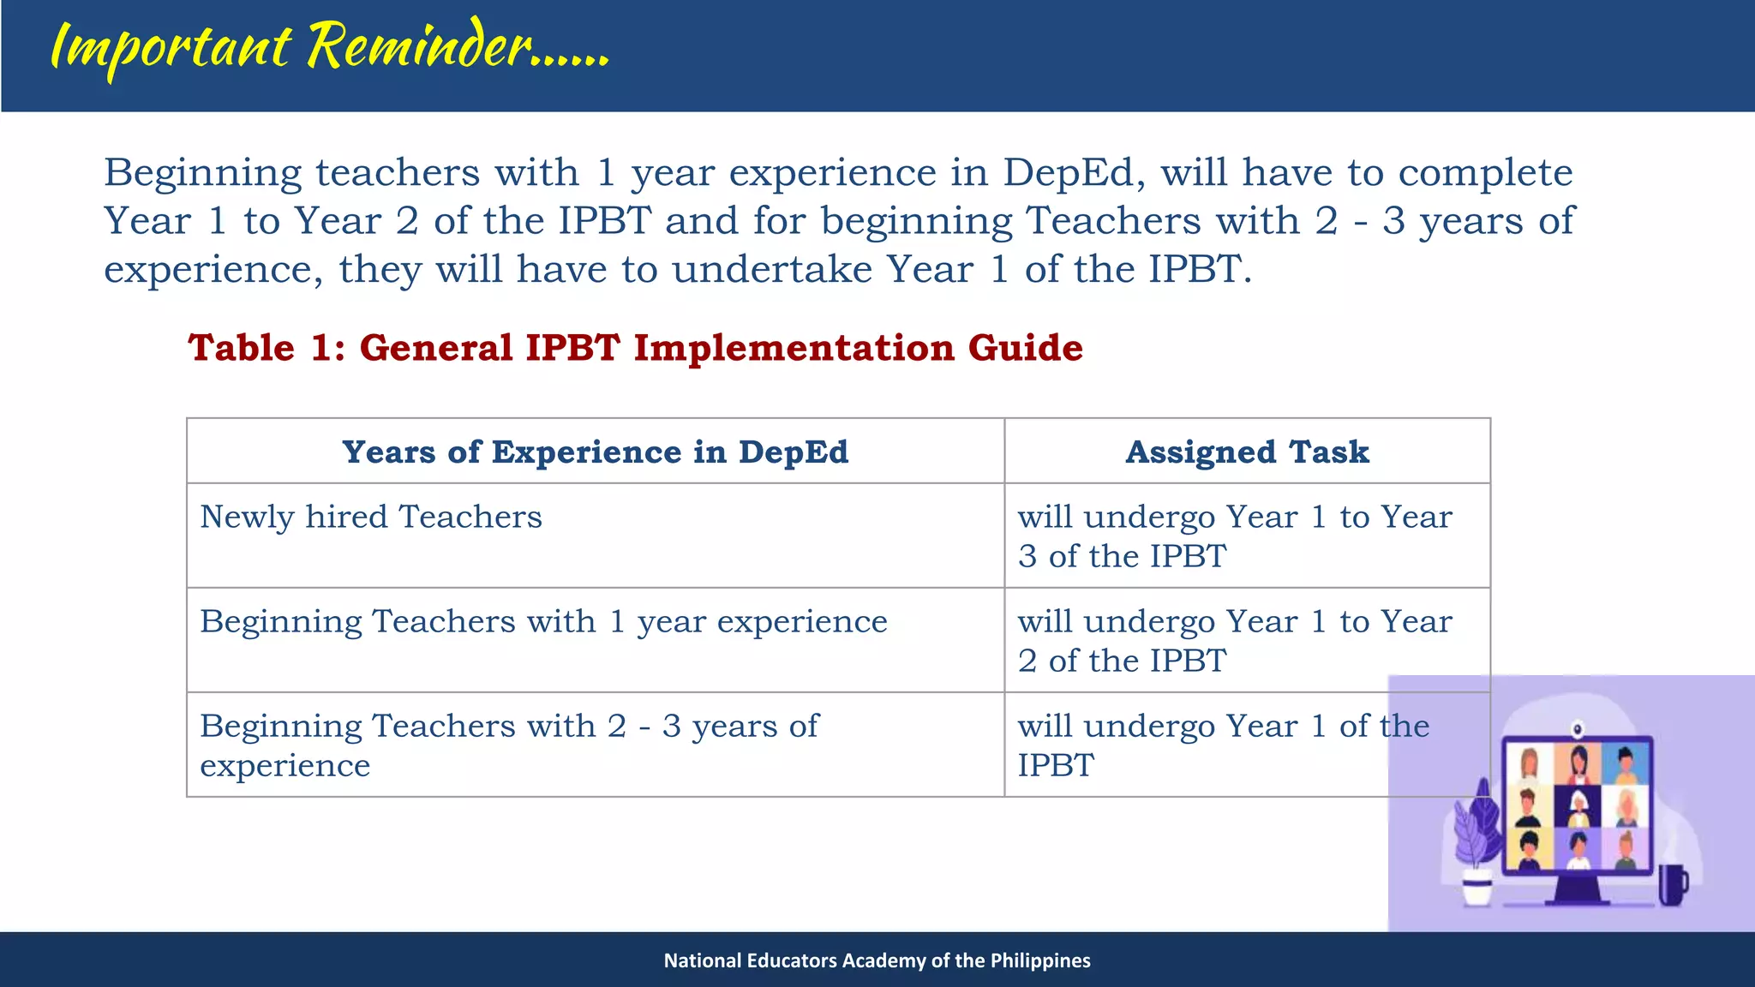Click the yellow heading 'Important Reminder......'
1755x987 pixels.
[x=330, y=47]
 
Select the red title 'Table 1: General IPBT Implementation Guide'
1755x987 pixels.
[x=635, y=348]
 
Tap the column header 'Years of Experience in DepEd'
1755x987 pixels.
[x=595, y=452]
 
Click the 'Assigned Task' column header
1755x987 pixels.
[x=1247, y=452]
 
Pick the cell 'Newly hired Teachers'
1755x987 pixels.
[x=371, y=517]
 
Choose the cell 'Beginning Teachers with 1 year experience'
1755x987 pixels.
[x=543, y=622]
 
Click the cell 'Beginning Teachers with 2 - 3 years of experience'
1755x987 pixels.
[x=509, y=744]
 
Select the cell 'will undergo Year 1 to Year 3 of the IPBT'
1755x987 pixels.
[x=1234, y=536]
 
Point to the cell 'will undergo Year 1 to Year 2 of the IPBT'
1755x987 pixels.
[x=1234, y=641]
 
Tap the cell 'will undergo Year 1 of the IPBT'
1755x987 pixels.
[x=1200, y=744]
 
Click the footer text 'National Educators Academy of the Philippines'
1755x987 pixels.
[x=877, y=960]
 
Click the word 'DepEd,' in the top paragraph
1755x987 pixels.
[x=1075, y=173]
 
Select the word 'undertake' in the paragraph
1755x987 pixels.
[x=771, y=270]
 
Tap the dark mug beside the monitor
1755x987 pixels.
[x=1672, y=884]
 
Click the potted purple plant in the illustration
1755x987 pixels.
[x=1476, y=844]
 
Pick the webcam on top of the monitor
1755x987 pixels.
[x=1577, y=730]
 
